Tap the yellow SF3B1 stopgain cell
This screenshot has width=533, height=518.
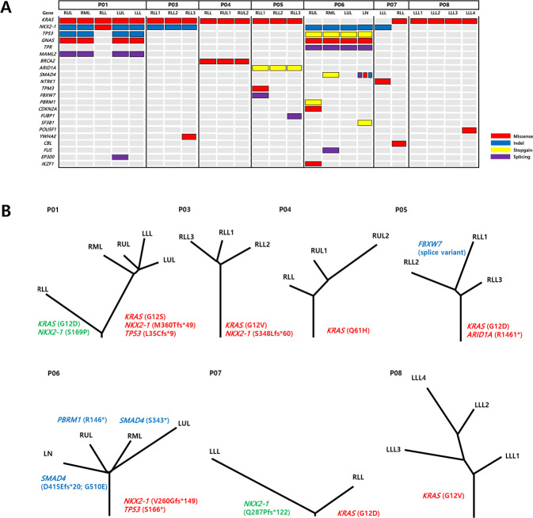pos(364,123)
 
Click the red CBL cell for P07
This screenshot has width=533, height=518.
pos(399,143)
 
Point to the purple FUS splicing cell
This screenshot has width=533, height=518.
pos(330,150)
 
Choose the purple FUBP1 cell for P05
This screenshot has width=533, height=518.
pos(295,116)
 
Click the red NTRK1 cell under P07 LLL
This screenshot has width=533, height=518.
pos(383,82)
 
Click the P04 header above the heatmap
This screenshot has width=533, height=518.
pos(224,5)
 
